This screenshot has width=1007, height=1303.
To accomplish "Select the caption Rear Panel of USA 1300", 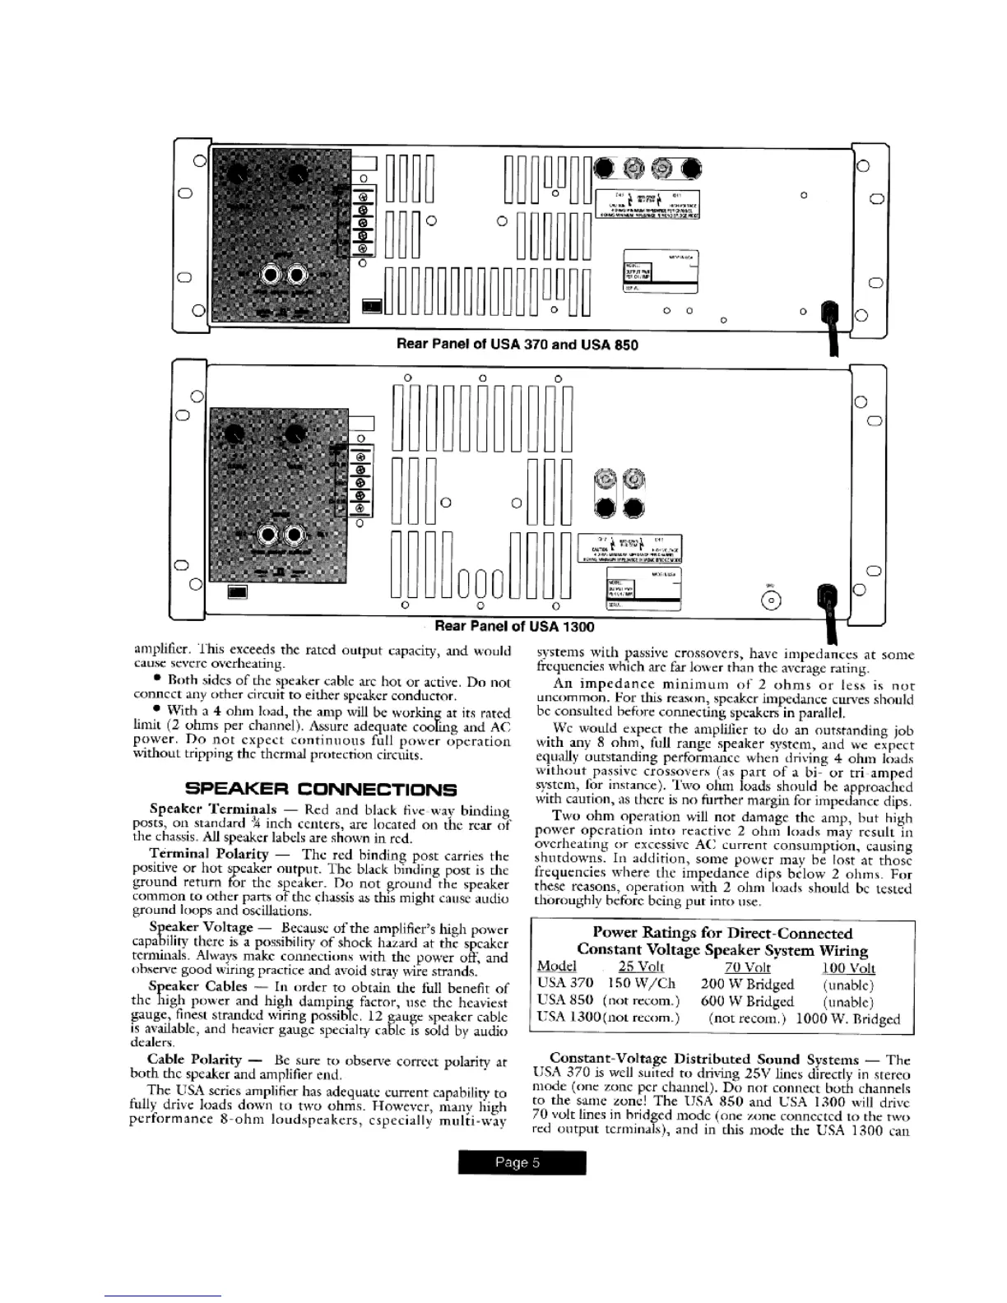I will tap(513, 627).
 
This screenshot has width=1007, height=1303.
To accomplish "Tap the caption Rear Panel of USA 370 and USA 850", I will tap(517, 344).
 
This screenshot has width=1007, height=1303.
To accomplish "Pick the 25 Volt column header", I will tap(641, 967).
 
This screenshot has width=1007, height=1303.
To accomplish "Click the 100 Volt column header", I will tap(848, 968).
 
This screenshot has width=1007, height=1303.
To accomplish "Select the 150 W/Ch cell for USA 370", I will tap(642, 984).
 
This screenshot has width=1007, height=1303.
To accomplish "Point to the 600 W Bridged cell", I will tap(747, 1001).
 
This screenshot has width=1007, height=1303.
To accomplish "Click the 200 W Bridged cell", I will tap(747, 984).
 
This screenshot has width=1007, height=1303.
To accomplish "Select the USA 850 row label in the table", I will tap(564, 1001).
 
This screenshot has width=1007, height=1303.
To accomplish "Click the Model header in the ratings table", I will tap(556, 967).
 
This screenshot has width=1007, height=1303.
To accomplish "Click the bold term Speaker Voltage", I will tap(201, 927).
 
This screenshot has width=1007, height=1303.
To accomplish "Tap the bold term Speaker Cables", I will tap(197, 986).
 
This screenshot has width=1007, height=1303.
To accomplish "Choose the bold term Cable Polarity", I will tap(194, 1060).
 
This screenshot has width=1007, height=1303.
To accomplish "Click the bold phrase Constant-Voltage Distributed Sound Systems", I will tap(703, 1060).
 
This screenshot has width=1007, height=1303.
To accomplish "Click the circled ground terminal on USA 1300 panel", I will tap(771, 600).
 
